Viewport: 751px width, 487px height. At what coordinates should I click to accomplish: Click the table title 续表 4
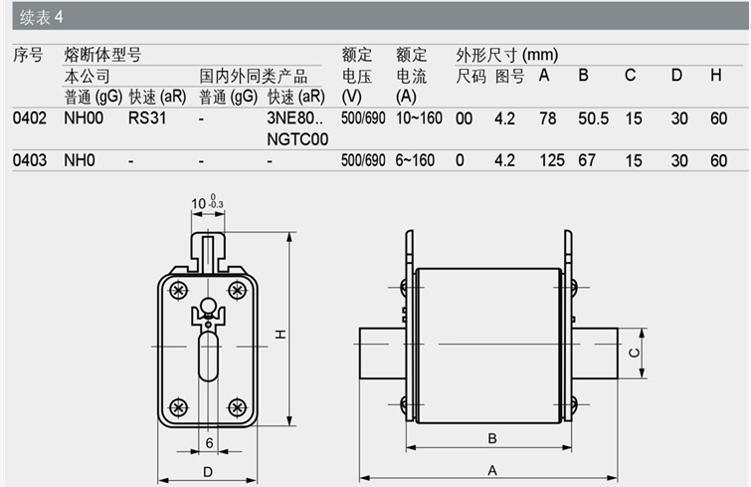[x=41, y=17]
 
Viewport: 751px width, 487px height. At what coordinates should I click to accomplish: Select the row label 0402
[x=30, y=118]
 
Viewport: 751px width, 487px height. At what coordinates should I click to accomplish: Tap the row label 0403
[x=30, y=160]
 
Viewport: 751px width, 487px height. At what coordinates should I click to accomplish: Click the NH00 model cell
[x=84, y=118]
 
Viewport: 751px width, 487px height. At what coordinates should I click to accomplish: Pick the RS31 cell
[x=147, y=118]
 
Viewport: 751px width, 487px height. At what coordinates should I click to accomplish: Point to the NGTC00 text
[x=297, y=139]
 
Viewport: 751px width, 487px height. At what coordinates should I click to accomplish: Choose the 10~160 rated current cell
[x=419, y=118]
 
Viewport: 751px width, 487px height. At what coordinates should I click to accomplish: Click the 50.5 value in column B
[x=593, y=119]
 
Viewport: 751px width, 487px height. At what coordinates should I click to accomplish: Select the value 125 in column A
[x=552, y=160]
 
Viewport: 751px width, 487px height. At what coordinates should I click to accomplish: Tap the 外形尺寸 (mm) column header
[x=506, y=55]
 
